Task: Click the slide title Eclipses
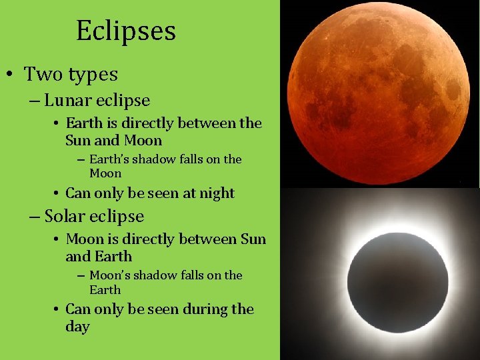coord(125,31)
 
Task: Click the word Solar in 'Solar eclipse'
coord(67,216)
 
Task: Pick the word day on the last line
coord(77,327)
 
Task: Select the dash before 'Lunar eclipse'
coord(34,101)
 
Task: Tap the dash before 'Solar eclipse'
coord(34,217)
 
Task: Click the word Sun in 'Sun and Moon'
coord(77,141)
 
